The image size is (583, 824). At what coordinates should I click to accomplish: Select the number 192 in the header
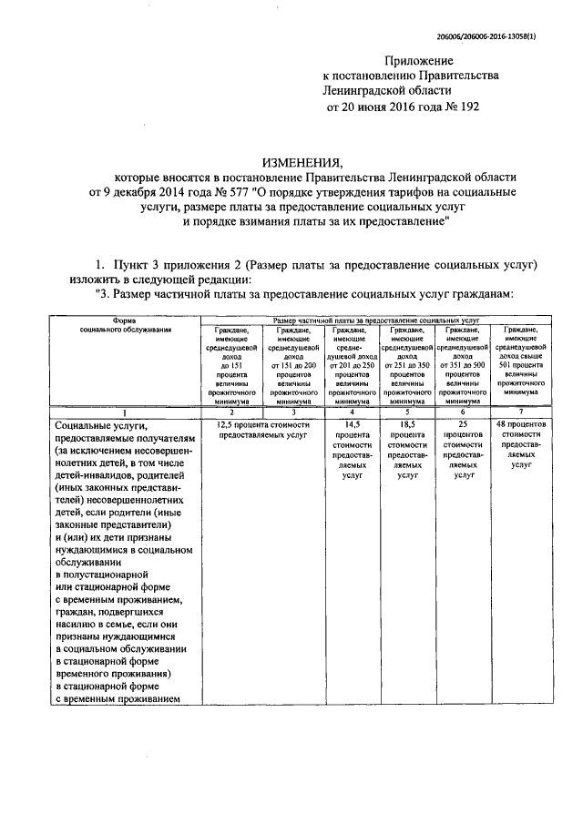465,107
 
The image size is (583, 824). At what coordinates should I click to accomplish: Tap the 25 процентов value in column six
464,424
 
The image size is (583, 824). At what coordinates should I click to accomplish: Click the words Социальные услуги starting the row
100,425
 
